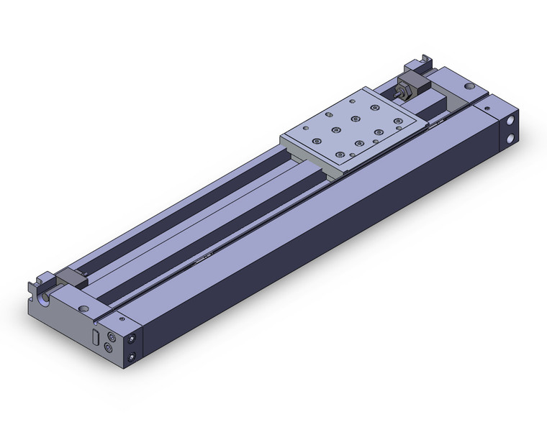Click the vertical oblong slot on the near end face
click(94, 338)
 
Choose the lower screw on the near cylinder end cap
click(132, 357)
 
